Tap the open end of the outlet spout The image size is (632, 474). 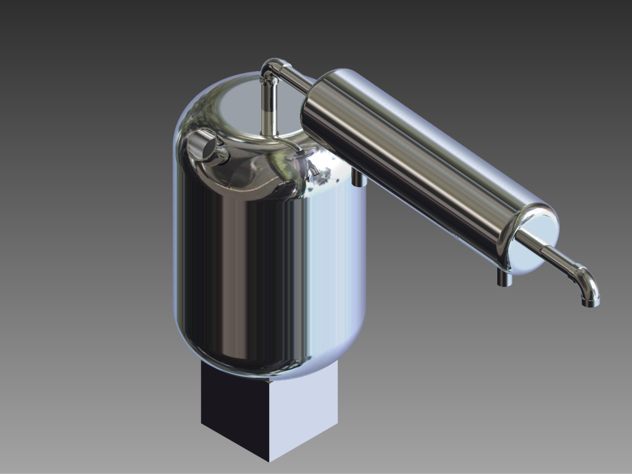coord(591,303)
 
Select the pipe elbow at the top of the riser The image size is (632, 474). coord(270,67)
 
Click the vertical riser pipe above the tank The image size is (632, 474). coord(268,108)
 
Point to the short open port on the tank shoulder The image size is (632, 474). coord(204,147)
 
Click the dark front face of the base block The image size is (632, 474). coord(235,407)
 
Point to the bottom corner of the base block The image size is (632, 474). coord(269,460)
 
